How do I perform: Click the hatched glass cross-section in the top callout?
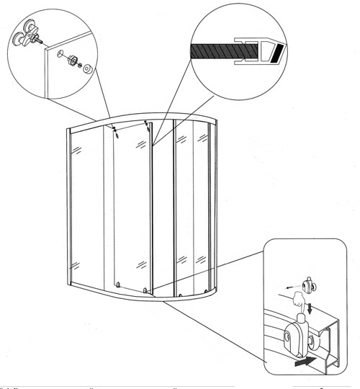pos(215,51)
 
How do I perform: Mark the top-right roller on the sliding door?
pos(147,126)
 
